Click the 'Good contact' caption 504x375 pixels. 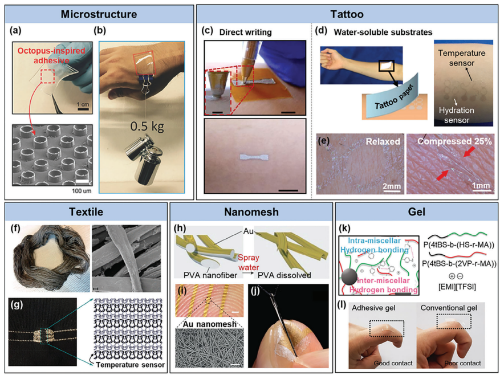[x=397, y=362]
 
